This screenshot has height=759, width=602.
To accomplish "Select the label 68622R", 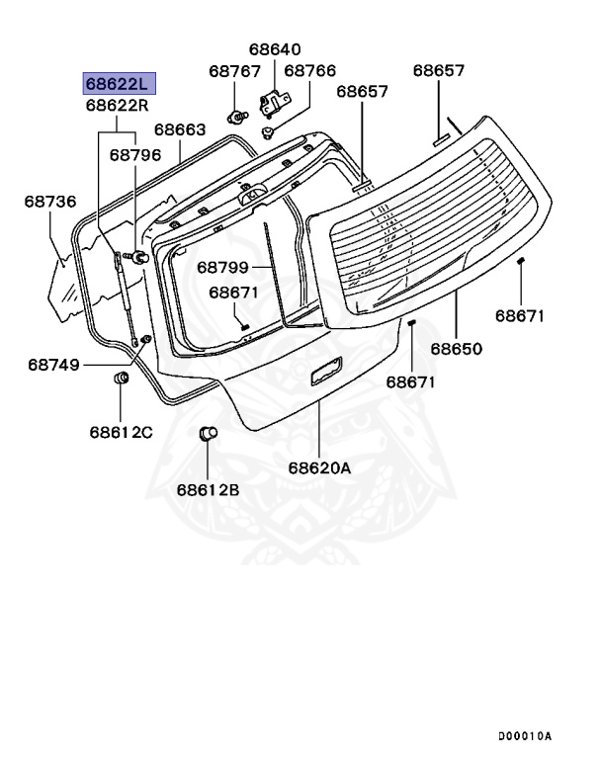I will click(118, 105).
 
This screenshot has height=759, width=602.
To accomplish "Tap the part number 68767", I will click(234, 71).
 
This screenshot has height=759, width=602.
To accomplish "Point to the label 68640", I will click(275, 48).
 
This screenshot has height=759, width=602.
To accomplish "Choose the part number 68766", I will click(310, 71).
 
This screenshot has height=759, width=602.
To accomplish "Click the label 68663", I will click(179, 129).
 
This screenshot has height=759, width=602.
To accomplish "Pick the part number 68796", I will click(134, 154).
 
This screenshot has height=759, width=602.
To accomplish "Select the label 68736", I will click(50, 202).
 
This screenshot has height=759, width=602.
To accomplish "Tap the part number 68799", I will click(221, 267).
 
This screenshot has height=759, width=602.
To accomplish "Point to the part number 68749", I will click(53, 364).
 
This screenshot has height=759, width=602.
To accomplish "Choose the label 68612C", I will click(121, 431).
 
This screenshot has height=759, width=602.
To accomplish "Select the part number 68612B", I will click(209, 488).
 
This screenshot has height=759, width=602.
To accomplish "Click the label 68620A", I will click(320, 468).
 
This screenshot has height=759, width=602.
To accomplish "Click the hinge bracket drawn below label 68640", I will click(273, 99).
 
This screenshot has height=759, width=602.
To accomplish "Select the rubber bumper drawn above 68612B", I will click(208, 435).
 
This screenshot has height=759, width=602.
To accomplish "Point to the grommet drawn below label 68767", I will click(238, 116).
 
